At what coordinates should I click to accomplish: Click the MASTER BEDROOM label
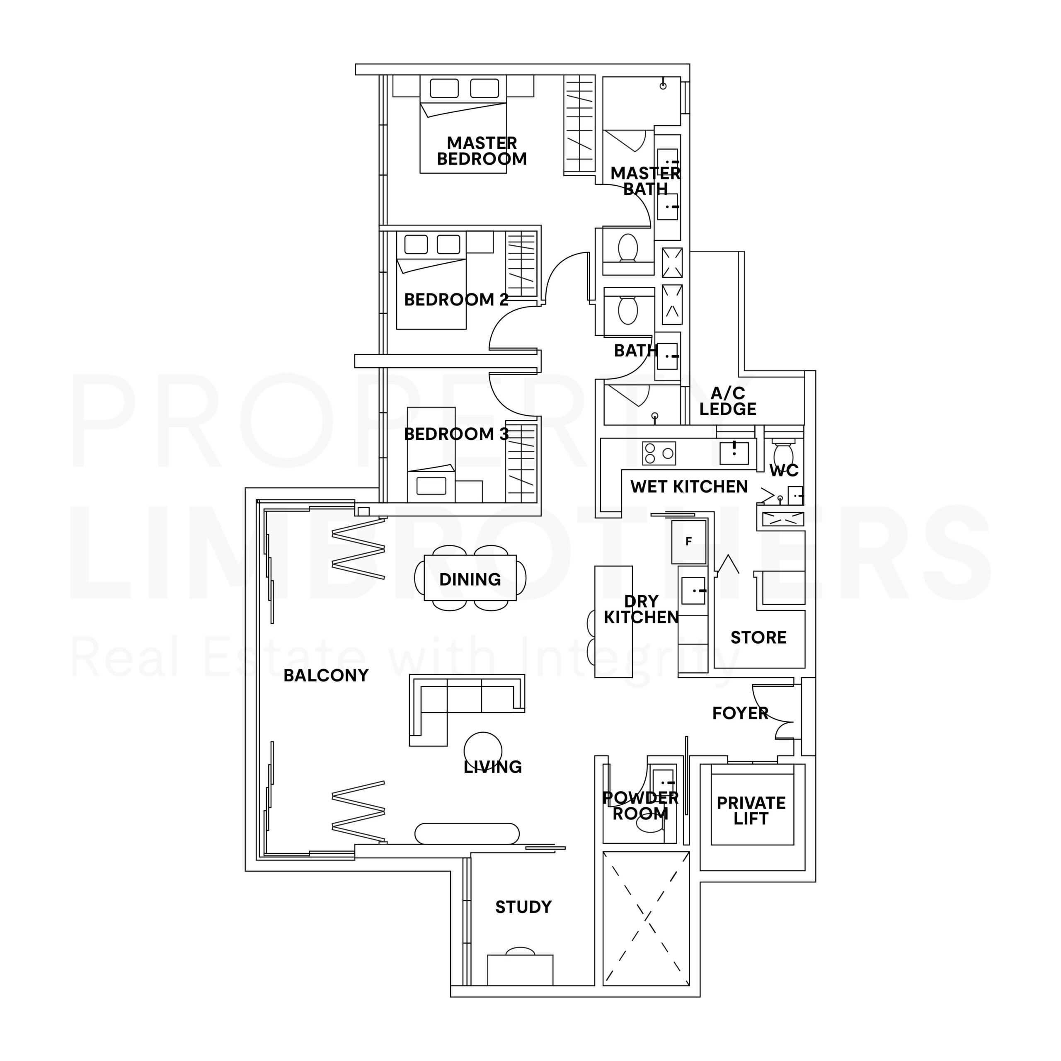coord(482,151)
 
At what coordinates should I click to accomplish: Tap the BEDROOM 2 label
coord(456,300)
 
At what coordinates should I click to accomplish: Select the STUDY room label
coord(523,907)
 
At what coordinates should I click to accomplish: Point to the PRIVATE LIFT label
coord(751,811)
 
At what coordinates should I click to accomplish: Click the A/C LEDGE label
coord(728,401)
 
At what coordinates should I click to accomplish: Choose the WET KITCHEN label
coord(689,487)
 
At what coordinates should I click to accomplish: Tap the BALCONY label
coord(326,676)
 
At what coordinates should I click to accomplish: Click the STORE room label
coord(758,637)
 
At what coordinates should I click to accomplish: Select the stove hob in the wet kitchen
coord(659,453)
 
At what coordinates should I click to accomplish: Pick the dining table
coord(470,578)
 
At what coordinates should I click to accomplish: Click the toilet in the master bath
coord(628,248)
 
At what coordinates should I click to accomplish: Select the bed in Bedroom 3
coord(431,454)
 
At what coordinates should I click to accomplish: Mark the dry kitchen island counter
coord(613,622)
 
